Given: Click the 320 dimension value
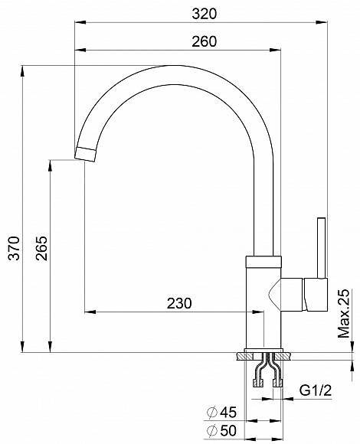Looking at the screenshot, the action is pos(204,14).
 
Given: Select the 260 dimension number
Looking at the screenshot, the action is pos(204,41).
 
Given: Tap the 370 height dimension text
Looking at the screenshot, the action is pos(14,248).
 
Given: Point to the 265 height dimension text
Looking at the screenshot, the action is pos(41,248).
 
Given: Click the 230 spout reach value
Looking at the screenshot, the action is pos(179,303).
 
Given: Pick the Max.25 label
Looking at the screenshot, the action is pos(344,313).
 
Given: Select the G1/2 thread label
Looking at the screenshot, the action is pos(316,390).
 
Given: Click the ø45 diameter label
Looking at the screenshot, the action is pos(222,413).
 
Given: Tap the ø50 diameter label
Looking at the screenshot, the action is pos(222,431).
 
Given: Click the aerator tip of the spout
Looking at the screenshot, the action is pos(85,155).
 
